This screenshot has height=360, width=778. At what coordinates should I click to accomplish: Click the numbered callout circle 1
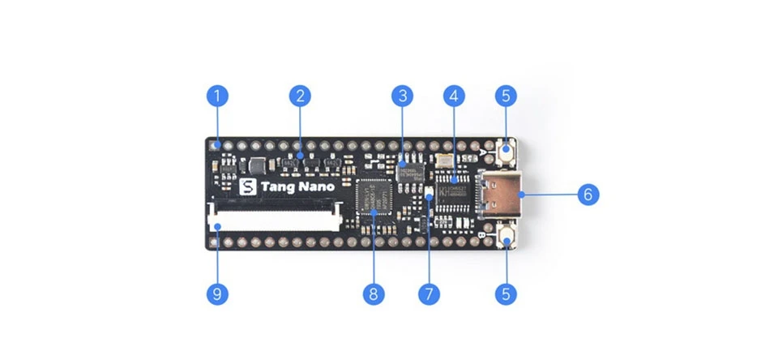click(216, 96)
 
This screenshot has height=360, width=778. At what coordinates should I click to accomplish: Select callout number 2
click(300, 96)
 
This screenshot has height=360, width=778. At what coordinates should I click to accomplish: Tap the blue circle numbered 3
click(401, 96)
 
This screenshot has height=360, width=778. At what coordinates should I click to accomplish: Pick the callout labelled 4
click(454, 96)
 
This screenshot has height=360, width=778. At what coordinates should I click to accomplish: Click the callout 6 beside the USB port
click(588, 194)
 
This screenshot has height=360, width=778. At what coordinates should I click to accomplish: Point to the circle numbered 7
click(429, 293)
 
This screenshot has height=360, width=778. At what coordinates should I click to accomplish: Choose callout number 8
click(373, 293)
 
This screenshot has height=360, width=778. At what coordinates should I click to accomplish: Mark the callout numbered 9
click(216, 293)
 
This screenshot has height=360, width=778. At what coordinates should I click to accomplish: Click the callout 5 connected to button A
click(506, 96)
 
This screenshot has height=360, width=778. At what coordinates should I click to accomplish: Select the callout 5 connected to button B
click(506, 293)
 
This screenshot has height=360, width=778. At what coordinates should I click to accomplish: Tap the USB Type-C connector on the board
click(502, 195)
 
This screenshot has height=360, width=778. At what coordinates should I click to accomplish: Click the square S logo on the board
click(249, 186)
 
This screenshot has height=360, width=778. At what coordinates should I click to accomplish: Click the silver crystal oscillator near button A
click(442, 161)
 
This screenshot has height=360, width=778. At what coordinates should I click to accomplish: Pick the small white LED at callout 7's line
click(430, 193)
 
